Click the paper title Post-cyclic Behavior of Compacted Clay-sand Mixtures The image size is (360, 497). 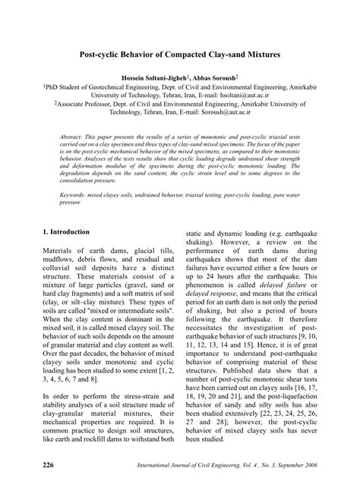(179, 55)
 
